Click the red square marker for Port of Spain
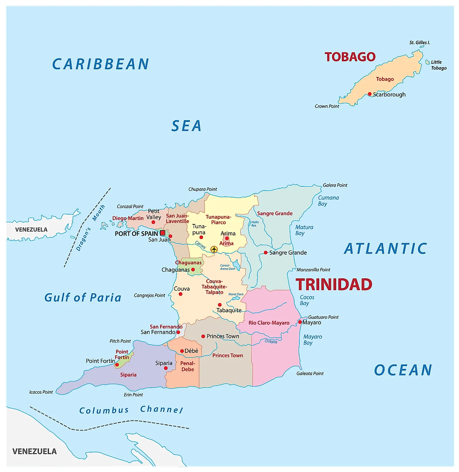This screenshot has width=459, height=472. [162, 233]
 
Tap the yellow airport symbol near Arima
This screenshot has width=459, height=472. [214, 249]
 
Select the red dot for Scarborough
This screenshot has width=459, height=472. [370, 94]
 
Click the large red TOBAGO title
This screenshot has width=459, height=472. [350, 57]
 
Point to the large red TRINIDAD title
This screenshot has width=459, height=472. [334, 285]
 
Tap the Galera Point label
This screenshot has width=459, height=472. [335, 185]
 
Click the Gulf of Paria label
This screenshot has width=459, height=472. [83, 297]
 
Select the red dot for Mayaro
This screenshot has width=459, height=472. [300, 322]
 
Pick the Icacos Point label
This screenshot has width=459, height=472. [41, 392]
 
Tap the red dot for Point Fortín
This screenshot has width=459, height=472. [117, 365]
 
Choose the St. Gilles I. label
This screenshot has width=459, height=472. [420, 42]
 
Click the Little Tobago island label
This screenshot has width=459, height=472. [438, 65]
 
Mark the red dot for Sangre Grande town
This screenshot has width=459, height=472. [266, 253]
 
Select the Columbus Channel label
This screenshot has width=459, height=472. [131, 410]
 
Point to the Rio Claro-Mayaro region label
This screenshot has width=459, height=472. [269, 323]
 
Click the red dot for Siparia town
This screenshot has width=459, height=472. [166, 368]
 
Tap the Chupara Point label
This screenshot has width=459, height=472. [202, 189]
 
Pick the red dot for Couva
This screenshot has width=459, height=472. [180, 294]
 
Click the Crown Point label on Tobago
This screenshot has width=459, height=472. [327, 106]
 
